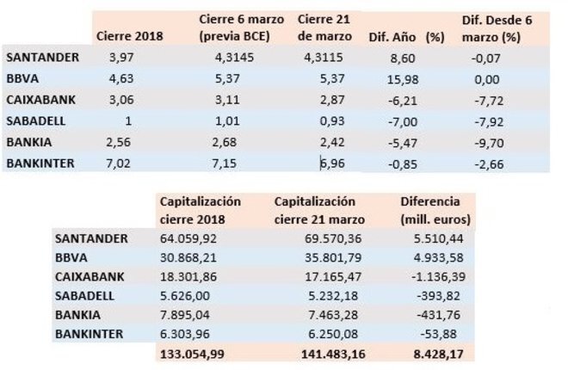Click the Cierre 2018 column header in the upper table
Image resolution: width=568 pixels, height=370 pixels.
(131, 36)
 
